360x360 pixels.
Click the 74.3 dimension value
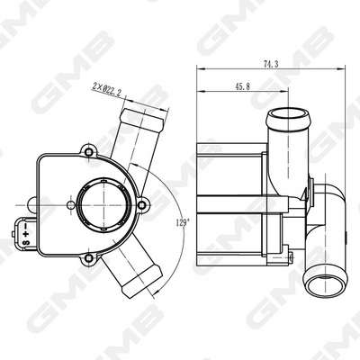pos(271,64)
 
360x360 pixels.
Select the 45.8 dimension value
pos(242,86)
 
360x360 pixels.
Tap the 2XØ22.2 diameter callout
pos(106,89)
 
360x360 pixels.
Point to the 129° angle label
pos(184,222)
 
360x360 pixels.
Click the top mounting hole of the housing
pos(89,152)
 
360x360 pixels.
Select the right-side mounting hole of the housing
pos(142,205)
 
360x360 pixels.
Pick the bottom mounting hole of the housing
pos(89,257)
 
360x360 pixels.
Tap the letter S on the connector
pos(25,242)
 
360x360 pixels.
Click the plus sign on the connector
pos(26,234)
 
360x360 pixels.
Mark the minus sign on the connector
pos(26,226)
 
